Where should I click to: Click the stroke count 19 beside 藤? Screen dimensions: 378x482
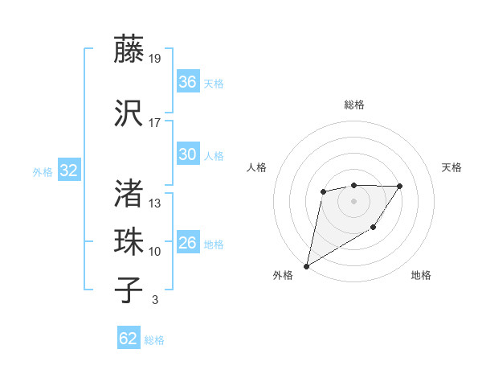coord(155,59)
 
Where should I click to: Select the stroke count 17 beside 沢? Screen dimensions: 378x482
coord(155,123)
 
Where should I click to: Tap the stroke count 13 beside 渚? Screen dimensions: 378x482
coord(155,203)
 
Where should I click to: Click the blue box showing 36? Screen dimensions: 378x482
coord(188,81)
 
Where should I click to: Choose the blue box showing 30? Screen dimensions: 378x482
coord(188,154)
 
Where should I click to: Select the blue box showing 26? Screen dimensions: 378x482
coord(188,243)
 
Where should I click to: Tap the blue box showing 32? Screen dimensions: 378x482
coord(68,171)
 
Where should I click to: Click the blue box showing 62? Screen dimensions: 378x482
coord(129,339)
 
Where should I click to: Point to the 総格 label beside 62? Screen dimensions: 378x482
coord(155,340)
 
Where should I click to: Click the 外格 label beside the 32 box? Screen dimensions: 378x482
coord(43,171)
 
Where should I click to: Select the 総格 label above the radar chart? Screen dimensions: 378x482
coord(354,105)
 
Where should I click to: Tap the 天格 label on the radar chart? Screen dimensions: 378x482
coord(452,167)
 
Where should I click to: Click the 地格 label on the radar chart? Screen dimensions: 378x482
coord(421,276)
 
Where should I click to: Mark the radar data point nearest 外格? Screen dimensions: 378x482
coord(306,265)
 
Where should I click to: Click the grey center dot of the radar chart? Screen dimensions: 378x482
coord(354,200)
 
